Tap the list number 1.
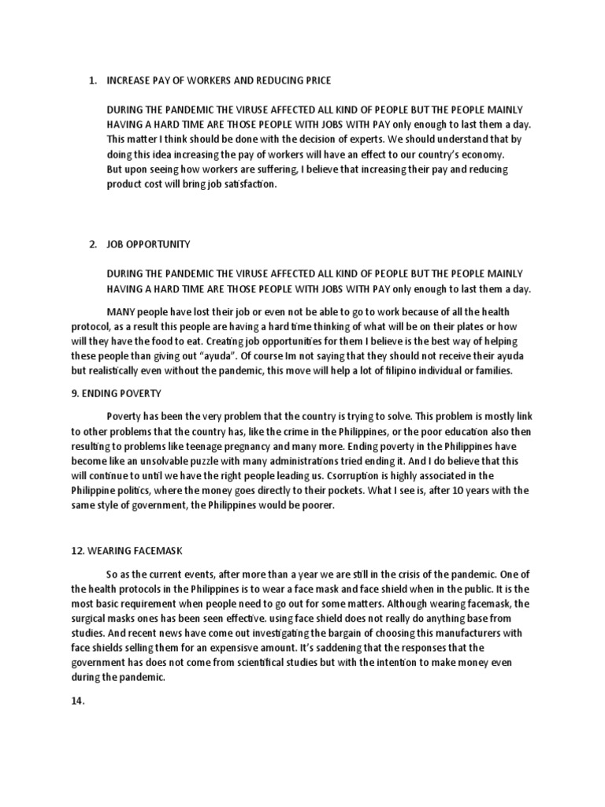[x=92, y=80]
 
